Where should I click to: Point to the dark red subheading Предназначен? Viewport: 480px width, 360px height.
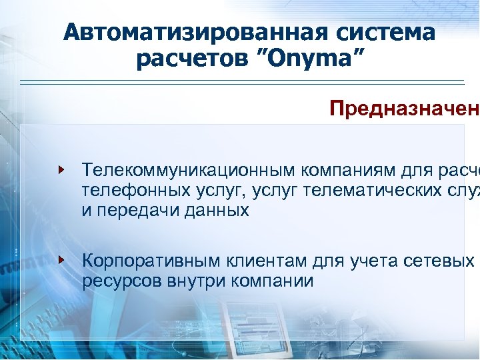point(404,108)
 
